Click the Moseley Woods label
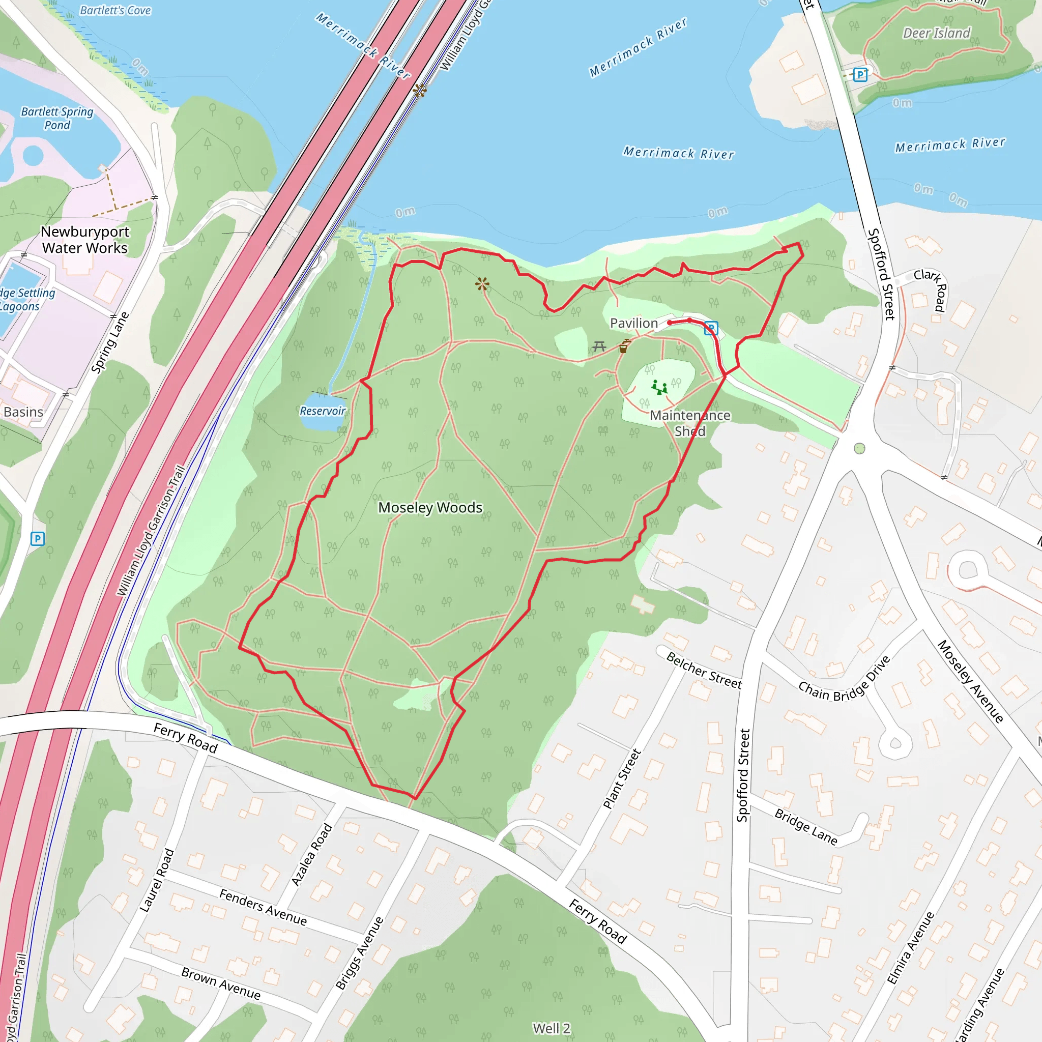(x=430, y=507)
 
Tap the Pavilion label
(x=634, y=323)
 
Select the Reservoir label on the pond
(x=323, y=411)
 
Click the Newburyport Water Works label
(x=85, y=240)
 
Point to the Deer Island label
(x=937, y=34)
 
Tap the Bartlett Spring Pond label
(x=57, y=118)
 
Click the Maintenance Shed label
(x=690, y=423)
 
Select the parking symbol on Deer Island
(x=861, y=74)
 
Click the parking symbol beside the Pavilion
(x=711, y=328)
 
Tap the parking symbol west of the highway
(x=37, y=538)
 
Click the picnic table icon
(x=599, y=346)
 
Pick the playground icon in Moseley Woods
(x=659, y=387)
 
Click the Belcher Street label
(x=704, y=671)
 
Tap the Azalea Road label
(x=312, y=854)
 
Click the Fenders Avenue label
(x=263, y=907)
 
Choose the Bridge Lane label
(x=806, y=827)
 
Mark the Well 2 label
(x=551, y=1028)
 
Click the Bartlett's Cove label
(x=115, y=10)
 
